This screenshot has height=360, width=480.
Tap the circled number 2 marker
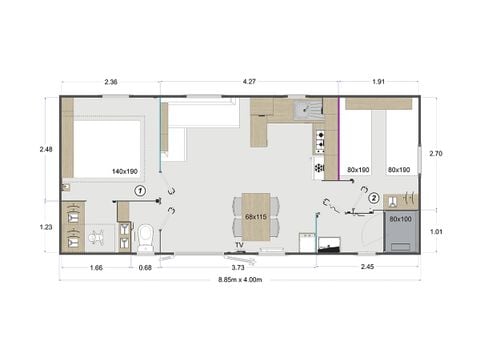[x=373, y=198]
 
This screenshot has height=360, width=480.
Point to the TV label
[x=240, y=244]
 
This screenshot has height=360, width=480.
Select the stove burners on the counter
[x=321, y=140]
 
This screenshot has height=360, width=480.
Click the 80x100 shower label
[x=400, y=218]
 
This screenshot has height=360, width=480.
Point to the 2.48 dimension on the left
[x=45, y=150]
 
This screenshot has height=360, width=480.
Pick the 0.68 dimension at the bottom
[x=145, y=267]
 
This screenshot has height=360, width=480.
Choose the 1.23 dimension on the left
[x=45, y=226]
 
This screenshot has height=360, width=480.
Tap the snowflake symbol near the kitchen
[x=320, y=168]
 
